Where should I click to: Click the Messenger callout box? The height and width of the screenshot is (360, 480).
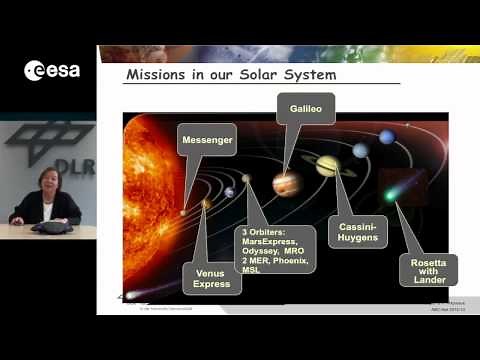pos(207,140)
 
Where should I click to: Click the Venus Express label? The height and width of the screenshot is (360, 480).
pos(213,277)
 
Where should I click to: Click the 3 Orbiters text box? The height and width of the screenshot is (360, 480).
pos(273,249)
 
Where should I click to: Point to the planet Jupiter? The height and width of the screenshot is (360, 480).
pos(286,183)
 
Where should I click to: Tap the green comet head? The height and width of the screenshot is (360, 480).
pos(390,195)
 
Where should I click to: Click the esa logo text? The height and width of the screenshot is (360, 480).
pos(56,70)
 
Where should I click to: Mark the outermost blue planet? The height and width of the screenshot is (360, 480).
pos(384,137)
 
